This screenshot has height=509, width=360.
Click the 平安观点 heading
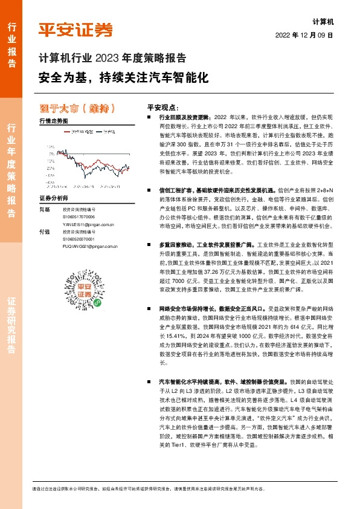click(x=161, y=105)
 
